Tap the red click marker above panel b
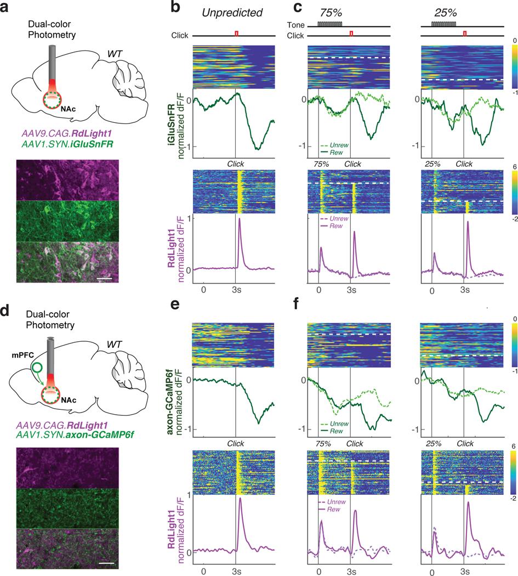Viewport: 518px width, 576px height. tap(237, 34)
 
